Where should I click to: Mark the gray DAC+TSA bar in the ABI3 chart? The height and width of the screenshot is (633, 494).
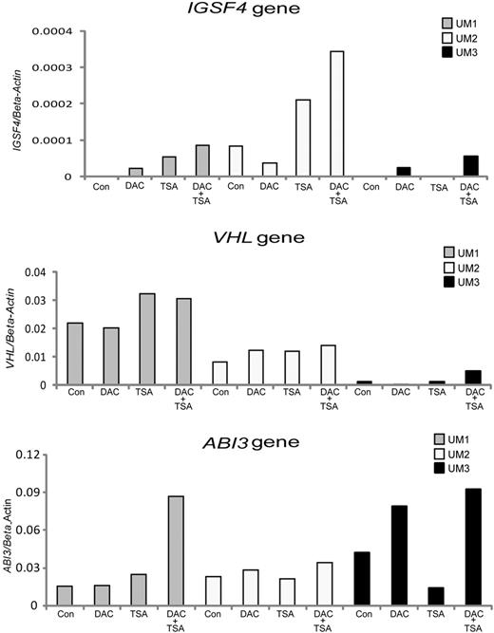coord(177,550)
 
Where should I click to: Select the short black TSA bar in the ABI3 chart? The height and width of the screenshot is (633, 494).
coord(443,596)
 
